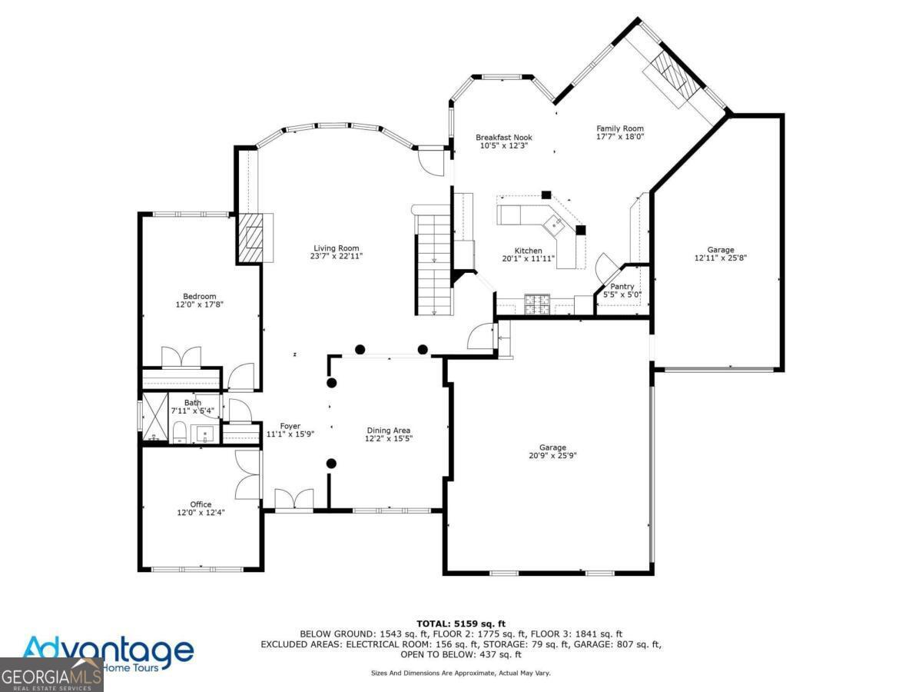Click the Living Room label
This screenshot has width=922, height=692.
pyautogui.click(x=336, y=248)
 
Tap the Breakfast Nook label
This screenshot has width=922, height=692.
pyautogui.click(x=503, y=137)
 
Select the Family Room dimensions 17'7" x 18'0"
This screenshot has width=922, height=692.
pyautogui.click(x=620, y=137)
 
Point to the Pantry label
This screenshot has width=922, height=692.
pyautogui.click(x=622, y=286)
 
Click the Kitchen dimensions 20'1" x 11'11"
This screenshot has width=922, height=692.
pyautogui.click(x=528, y=259)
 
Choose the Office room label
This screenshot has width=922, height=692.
pyautogui.click(x=201, y=504)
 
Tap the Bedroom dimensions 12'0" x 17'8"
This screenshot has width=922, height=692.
pyautogui.click(x=199, y=304)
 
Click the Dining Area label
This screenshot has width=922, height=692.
pyautogui.click(x=387, y=431)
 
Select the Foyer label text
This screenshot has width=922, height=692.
pyautogui.click(x=290, y=426)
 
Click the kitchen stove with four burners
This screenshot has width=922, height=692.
pyautogui.click(x=538, y=305)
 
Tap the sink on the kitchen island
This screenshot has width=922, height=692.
pyautogui.click(x=556, y=225)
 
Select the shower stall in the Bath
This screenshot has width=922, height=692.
pyautogui.click(x=157, y=418)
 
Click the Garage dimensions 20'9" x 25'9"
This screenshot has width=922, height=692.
pyautogui.click(x=552, y=455)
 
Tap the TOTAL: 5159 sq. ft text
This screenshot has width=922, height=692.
pyautogui.click(x=460, y=624)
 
